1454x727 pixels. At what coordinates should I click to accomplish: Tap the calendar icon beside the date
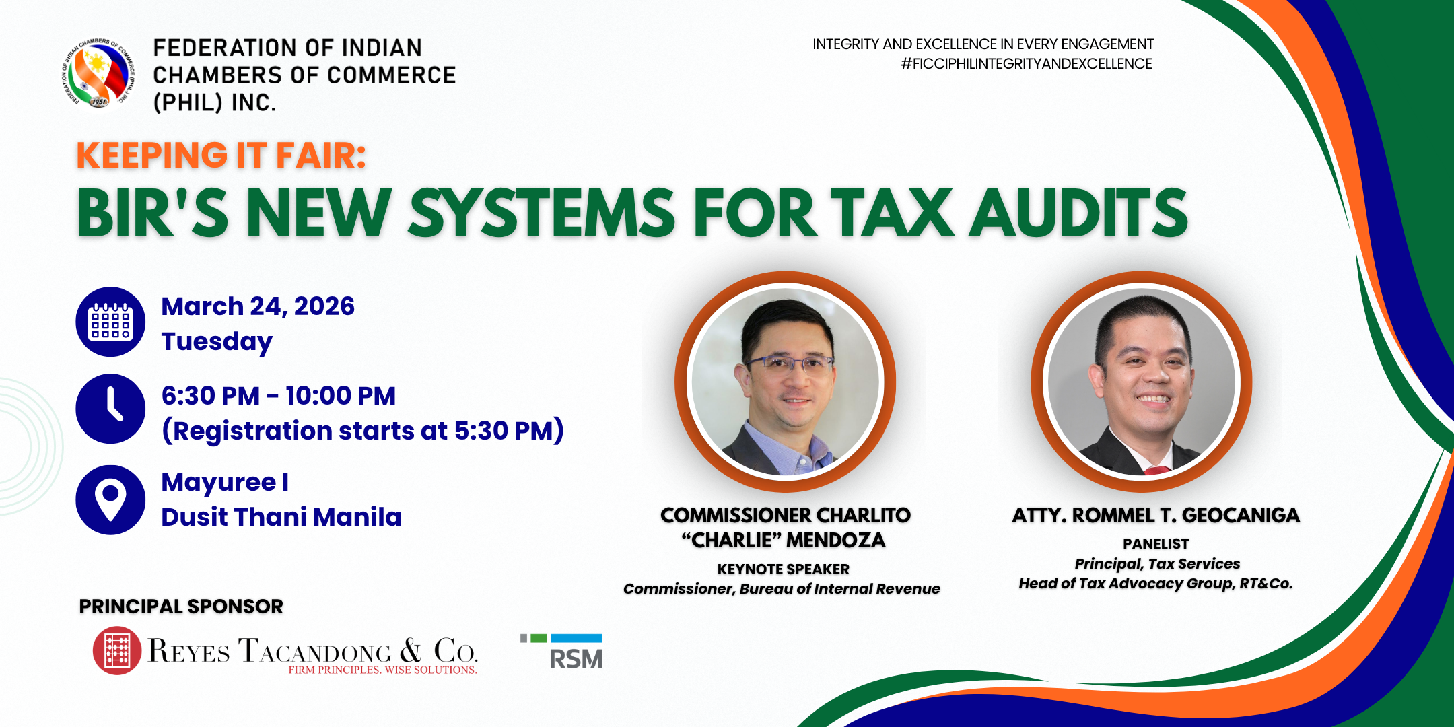(110, 322)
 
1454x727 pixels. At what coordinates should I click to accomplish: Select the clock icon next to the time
(110, 409)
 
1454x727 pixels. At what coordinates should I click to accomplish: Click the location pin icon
(110, 500)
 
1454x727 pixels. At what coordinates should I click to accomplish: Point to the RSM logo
(561, 652)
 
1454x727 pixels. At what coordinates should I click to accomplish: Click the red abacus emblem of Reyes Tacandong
(117, 650)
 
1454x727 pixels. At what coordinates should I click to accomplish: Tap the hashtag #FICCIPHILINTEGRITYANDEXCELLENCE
(1027, 64)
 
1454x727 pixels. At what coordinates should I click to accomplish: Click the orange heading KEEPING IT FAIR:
(221, 155)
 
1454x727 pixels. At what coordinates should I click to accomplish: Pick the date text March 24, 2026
(258, 306)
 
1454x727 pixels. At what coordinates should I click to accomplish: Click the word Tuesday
(217, 342)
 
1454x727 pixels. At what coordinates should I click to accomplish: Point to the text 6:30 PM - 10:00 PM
(279, 396)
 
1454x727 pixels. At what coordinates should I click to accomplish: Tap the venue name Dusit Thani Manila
(281, 517)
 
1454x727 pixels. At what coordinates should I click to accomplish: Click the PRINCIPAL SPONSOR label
(181, 607)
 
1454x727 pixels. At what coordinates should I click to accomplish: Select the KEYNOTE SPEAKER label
(784, 569)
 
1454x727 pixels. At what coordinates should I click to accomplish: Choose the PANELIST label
(1156, 544)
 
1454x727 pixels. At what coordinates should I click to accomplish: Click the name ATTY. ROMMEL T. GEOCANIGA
(1156, 516)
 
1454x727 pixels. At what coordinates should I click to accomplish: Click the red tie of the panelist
(1156, 470)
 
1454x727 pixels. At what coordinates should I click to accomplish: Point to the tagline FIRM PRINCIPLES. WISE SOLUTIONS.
(382, 670)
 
